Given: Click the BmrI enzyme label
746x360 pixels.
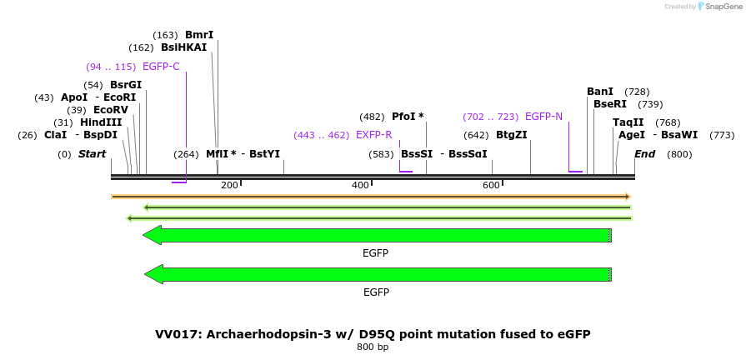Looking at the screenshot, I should coord(199,35).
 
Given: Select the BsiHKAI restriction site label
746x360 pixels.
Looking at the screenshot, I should coord(183,47).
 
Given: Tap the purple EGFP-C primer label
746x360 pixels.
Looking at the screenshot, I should coord(161,67).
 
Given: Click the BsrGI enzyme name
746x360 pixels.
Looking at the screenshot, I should coord(126,85).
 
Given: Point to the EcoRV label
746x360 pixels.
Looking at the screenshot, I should coord(111,110).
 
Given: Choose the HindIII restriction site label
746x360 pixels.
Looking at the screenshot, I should coord(101,122).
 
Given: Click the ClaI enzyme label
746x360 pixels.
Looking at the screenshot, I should coord(55,135).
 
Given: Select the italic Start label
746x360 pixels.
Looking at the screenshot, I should coord(92,154).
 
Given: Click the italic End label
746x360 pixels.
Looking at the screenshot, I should coord(644,154).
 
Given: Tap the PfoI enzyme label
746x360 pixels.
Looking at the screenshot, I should coord(408,117).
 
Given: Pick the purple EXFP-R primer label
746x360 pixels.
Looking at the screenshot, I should coord(373,135).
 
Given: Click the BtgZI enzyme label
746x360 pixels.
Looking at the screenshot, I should coord(511,135).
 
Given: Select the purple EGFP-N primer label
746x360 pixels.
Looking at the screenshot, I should coord(543,117).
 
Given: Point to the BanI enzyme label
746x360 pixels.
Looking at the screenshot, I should coord(600,92).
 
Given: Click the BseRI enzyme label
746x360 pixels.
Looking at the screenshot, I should coord(610,104).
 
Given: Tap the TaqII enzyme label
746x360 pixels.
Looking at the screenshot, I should coord(628,122).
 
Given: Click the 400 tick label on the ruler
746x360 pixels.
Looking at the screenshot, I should coord(360,185).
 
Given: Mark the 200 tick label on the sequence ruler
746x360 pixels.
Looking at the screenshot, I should coord(229,185).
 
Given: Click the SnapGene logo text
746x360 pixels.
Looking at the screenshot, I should coord(723,7).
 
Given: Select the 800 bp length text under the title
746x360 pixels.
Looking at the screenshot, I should coord(373,347).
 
